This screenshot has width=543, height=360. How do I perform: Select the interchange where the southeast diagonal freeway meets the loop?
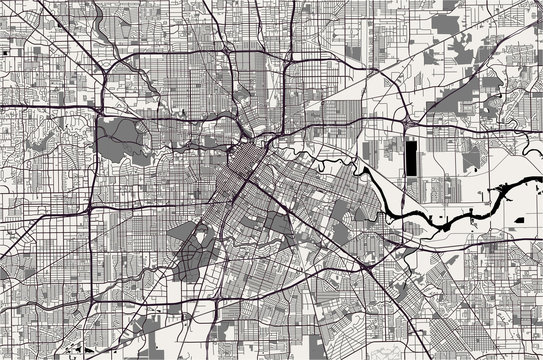tap(372, 267)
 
